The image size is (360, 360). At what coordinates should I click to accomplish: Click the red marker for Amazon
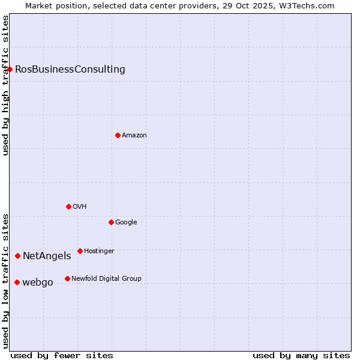[118, 135]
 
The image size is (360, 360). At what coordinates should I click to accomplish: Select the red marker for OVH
[68, 206]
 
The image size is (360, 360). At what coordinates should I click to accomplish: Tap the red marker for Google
[111, 222]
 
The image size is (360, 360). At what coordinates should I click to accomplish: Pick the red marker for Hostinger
[80, 251]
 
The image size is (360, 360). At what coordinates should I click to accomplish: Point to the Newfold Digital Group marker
[67, 278]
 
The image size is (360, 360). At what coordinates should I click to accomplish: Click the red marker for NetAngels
[17, 256]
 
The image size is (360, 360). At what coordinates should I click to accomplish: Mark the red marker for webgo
[17, 282]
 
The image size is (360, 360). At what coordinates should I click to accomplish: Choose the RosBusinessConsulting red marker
[10, 69]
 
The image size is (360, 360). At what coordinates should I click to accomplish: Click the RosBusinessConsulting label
[70, 69]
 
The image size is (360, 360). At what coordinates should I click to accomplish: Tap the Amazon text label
[134, 135]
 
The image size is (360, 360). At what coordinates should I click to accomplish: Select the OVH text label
[80, 206]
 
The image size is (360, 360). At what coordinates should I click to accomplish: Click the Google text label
[126, 222]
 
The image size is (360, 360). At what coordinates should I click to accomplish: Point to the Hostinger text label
[99, 251]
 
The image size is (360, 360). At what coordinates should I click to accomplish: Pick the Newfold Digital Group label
[106, 278]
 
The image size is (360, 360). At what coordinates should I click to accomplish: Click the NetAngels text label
[47, 256]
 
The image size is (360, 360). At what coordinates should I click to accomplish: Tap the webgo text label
[38, 283]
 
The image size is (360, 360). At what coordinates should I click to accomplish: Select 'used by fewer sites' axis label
[62, 355]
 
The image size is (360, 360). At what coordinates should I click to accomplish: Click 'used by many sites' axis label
[301, 355]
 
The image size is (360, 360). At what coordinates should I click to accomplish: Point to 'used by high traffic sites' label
[5, 85]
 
